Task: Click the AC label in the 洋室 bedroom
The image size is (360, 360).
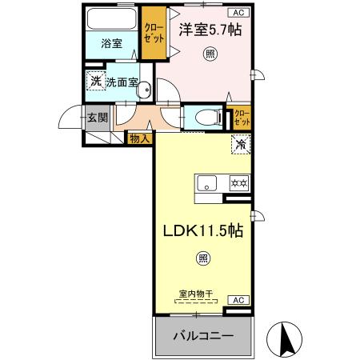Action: tap(238, 12)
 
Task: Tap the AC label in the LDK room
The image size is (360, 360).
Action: tap(238, 299)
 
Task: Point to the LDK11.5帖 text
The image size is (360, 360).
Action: tap(203, 229)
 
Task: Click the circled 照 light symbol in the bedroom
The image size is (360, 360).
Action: tap(210, 54)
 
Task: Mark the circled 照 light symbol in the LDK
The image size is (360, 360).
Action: tap(203, 258)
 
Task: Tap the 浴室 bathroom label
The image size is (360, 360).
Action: tap(112, 43)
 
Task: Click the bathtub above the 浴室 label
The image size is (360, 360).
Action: tap(112, 19)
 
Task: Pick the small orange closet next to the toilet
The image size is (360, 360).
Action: tap(242, 118)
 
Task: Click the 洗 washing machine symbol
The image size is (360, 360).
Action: tap(95, 81)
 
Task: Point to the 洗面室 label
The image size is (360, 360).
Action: tap(122, 82)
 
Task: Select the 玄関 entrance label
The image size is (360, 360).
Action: tap(97, 118)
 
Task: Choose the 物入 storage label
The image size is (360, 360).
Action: tap(140, 139)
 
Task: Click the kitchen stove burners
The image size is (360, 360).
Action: tap(239, 183)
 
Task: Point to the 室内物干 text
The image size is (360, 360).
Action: tap(197, 295)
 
